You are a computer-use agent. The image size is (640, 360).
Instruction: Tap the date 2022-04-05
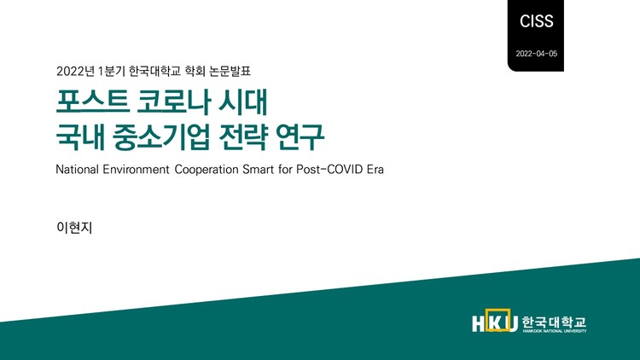tap(536, 54)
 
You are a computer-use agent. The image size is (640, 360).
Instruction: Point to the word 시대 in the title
tap(245, 102)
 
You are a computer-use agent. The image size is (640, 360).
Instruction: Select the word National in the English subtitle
tap(79, 169)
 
